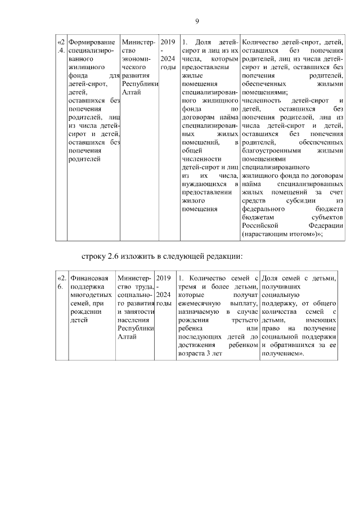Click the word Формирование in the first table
92,43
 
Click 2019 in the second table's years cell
164,278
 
